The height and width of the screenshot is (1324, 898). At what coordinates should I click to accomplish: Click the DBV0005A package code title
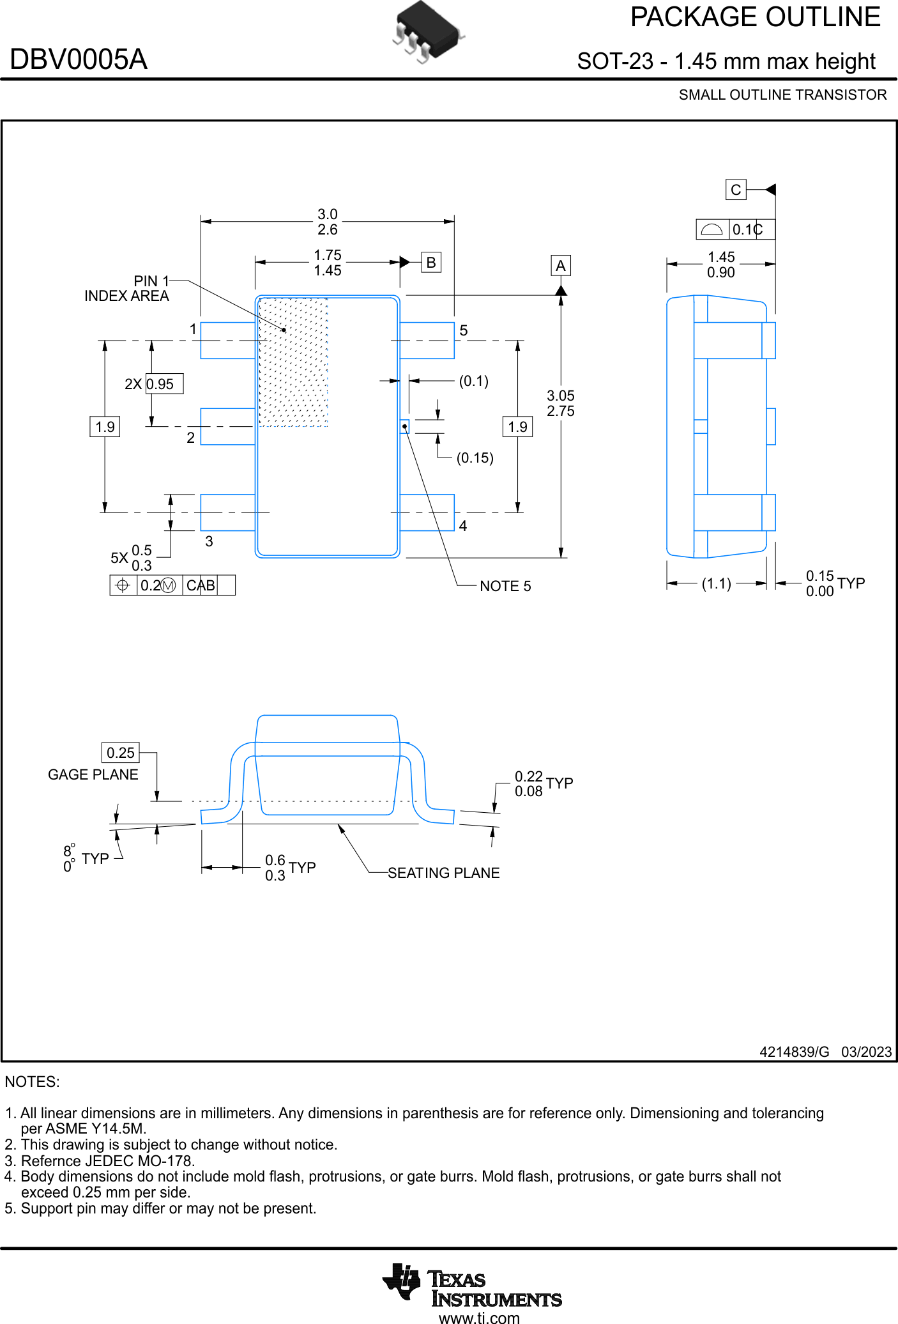coord(79,59)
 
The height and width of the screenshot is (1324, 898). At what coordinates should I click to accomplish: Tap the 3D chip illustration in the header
coord(427,31)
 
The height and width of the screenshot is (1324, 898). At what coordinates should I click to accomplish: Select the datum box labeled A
coord(560,265)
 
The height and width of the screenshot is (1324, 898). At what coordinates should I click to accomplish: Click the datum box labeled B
coord(431,262)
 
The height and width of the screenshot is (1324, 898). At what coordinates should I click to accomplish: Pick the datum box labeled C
coord(736,190)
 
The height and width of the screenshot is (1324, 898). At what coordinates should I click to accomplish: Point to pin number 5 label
coord(464,330)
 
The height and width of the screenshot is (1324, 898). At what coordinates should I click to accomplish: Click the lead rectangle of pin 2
coord(227,426)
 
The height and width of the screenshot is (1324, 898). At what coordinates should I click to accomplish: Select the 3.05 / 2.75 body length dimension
coord(560,403)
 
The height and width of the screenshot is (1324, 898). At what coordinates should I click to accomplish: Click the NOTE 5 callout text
coord(505,586)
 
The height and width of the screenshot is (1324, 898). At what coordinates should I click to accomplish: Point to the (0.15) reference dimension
coord(475,458)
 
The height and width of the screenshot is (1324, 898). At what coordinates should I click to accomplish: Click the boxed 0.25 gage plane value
coord(121,753)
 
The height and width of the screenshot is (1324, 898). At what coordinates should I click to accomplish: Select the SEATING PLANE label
coord(443,873)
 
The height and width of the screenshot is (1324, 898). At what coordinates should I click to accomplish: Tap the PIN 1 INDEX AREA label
coord(127,289)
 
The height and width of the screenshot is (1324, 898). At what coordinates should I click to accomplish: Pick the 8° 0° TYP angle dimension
coord(86,858)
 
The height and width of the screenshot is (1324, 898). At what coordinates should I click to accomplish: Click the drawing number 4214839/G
coord(794,1052)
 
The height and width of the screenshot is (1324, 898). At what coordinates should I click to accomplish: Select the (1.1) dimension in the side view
coord(716,583)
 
